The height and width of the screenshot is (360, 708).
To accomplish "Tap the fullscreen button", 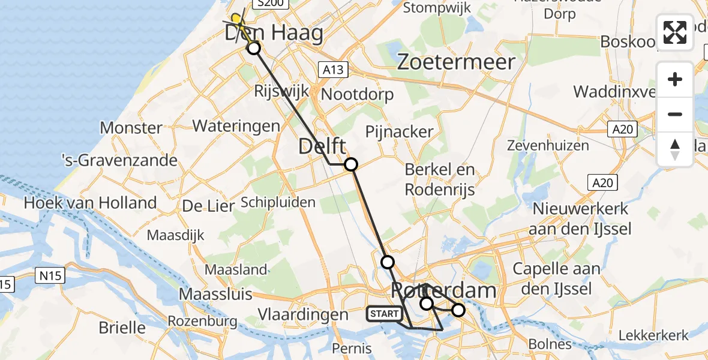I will [675, 32].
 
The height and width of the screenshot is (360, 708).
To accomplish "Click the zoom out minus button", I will [675, 115].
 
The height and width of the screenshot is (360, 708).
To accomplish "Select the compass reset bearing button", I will [675, 149].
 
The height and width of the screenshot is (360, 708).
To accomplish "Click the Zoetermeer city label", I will [455, 62].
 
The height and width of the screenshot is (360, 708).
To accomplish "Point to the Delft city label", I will [322, 146].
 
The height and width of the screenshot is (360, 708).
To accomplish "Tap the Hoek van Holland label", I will [90, 203].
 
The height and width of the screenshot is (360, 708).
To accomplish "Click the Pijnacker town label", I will [400, 131].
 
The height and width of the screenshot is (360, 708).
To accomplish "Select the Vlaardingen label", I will [302, 314].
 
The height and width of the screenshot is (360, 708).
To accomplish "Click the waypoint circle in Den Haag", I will [254, 48].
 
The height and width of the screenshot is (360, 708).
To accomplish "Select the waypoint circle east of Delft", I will [350, 164].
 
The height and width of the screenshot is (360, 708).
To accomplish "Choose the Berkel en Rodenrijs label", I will [440, 179].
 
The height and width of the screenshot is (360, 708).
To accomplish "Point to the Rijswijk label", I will [281, 91].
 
